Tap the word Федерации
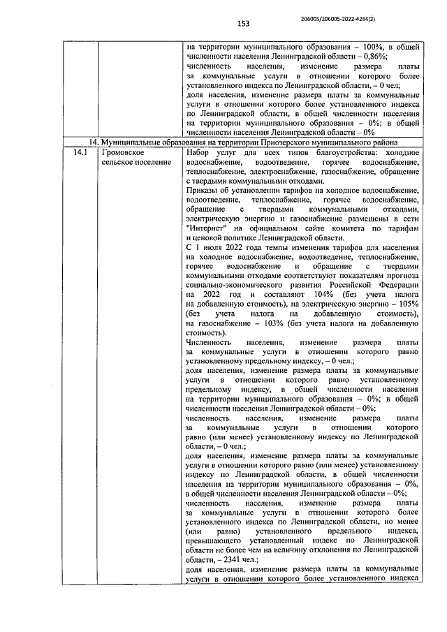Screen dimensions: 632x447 point(395,285)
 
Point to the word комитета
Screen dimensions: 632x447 point(351,227)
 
